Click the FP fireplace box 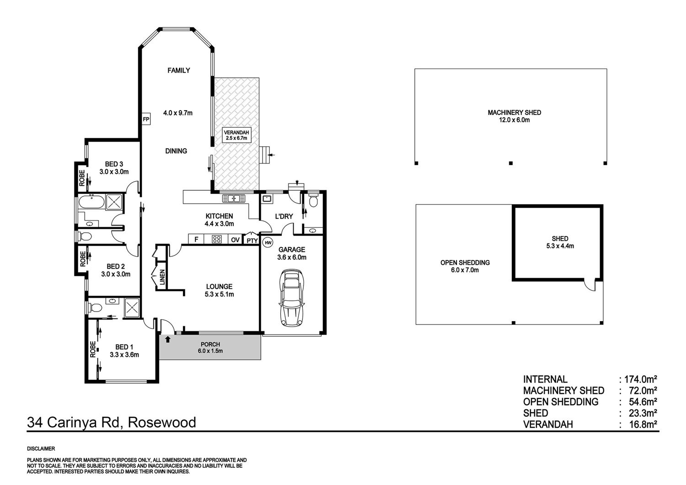click(x=146, y=119)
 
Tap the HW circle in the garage click(x=268, y=243)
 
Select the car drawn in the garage click(x=292, y=298)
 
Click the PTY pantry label click(x=252, y=241)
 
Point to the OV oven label click(x=235, y=240)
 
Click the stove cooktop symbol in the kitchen click(x=217, y=239)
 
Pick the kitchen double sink click(x=234, y=199)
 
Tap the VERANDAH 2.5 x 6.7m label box click(x=236, y=135)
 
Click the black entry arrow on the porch click(x=167, y=339)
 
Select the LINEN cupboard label click(x=162, y=277)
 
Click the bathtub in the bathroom click(x=91, y=202)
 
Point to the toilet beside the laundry click(x=313, y=200)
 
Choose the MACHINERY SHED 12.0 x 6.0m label click(x=514, y=116)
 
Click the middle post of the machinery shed click(x=510, y=163)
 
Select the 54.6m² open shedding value click(x=642, y=402)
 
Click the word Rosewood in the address click(x=162, y=422)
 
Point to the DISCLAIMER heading click(x=41, y=449)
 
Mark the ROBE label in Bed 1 click(x=92, y=349)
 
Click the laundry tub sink click(x=267, y=199)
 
